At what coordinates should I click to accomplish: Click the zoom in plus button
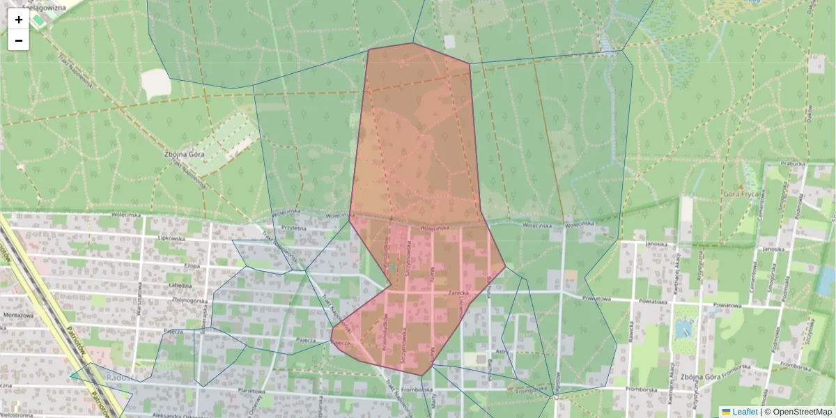pyautogui.click(x=19, y=20)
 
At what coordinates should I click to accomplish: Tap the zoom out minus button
pyautogui.click(x=19, y=40)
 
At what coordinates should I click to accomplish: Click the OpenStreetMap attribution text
pyautogui.click(x=802, y=412)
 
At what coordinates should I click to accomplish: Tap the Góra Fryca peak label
pyautogui.click(x=740, y=194)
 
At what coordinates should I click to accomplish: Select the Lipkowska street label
pyautogui.click(x=169, y=238)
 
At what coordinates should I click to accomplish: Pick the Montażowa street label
pyautogui.click(x=18, y=315)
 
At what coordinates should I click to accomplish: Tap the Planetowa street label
pyautogui.click(x=253, y=392)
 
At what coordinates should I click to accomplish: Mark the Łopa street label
pyautogui.click(x=192, y=265)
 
